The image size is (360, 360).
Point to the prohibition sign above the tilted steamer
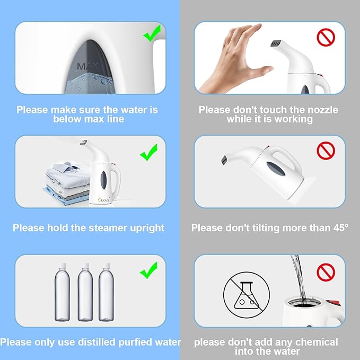(326, 151)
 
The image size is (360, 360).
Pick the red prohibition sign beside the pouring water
(326, 273)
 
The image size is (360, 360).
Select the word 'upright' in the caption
(144, 228)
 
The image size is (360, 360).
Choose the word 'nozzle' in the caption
(320, 110)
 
